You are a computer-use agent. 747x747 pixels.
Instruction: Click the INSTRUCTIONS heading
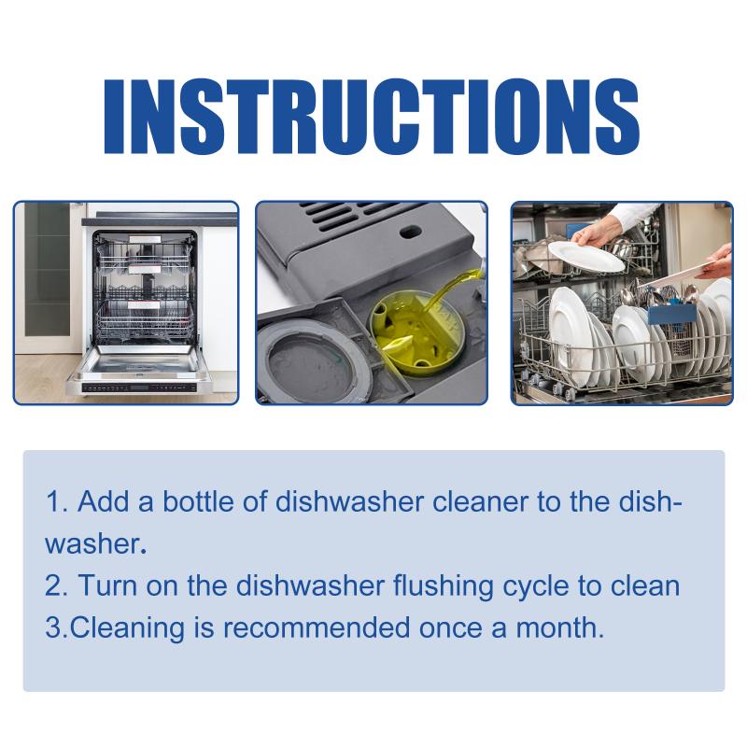(371, 116)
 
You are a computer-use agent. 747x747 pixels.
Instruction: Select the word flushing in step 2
(443, 586)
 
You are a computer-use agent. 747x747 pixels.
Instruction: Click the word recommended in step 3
(317, 627)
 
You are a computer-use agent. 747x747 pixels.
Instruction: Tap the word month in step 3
(560, 627)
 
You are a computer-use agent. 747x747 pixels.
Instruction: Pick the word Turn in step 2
(107, 585)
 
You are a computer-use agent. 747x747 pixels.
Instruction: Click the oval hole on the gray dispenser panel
(410, 233)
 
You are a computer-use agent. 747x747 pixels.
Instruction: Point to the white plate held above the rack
(586, 256)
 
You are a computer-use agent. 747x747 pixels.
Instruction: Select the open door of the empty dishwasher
(141, 368)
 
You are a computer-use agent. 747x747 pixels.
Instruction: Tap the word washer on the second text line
(93, 544)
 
